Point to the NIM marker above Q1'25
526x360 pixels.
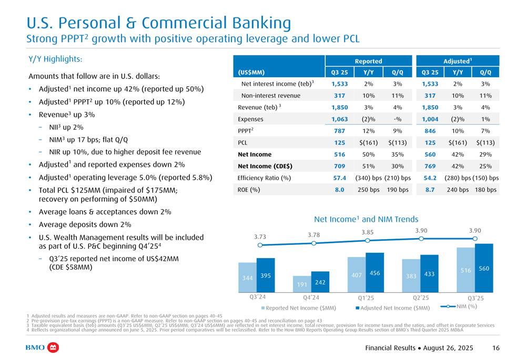[x=368, y=240]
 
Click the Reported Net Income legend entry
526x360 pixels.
[x=298, y=307]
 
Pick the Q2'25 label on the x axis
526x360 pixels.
[x=421, y=298]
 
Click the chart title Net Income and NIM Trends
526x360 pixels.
[x=366, y=219]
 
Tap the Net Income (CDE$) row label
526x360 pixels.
[x=266, y=166]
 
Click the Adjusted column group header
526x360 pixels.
[x=457, y=61]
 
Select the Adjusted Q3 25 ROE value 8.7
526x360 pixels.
[x=430, y=190]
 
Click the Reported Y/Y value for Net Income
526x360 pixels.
[x=368, y=155]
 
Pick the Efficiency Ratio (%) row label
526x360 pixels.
[x=265, y=178]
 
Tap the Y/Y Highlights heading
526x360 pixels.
[x=55, y=59]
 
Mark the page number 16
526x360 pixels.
[x=496, y=348]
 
